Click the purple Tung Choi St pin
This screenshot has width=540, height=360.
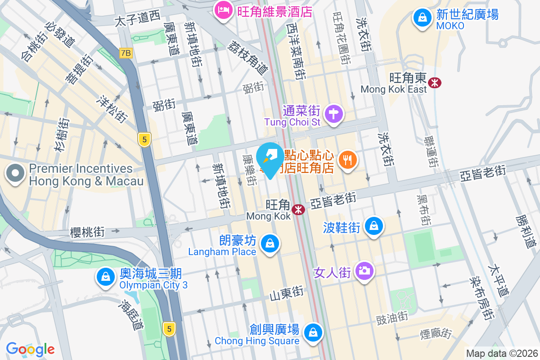[333, 113]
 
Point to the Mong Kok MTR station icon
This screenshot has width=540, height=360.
[297, 209]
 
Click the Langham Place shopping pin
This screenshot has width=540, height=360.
[270, 243]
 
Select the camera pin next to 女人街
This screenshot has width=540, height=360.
[364, 270]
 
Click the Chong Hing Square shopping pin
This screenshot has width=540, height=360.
[312, 333]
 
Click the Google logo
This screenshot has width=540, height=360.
[30, 349]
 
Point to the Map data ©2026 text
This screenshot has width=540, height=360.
[501, 354]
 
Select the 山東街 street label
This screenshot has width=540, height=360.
[287, 294]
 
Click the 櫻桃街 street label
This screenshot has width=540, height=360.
[87, 232]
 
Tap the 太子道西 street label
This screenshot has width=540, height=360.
[137, 18]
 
